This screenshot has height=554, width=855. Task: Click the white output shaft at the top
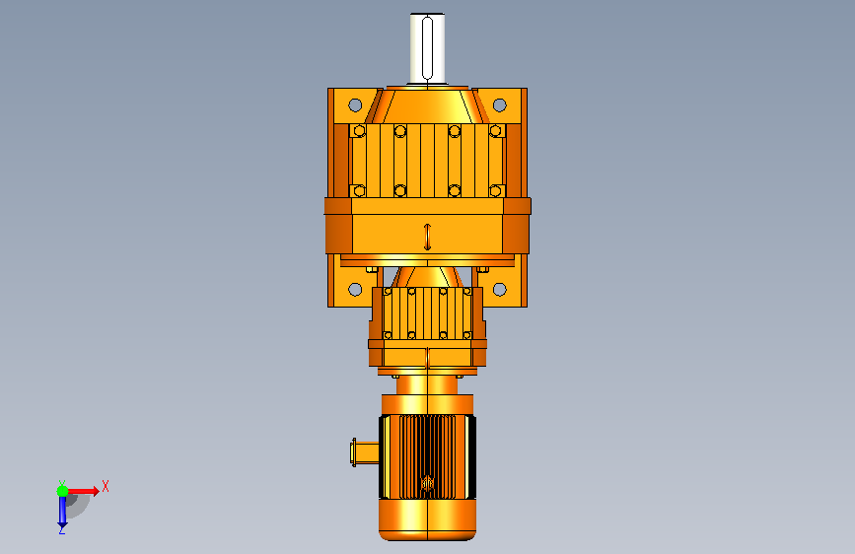(x=428, y=48)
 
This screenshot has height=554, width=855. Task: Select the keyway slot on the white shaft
(x=428, y=48)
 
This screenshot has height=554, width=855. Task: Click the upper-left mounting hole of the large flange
(x=355, y=104)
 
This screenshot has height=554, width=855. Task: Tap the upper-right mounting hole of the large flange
(x=499, y=104)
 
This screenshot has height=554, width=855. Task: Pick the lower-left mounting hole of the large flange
(x=355, y=289)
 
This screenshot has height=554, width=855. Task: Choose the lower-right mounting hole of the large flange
(x=499, y=289)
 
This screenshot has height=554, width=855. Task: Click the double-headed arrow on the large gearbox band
(x=428, y=237)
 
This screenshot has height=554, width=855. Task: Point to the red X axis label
(x=106, y=486)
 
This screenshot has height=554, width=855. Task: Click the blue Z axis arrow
(x=62, y=511)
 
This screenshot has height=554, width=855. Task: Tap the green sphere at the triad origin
(x=63, y=491)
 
